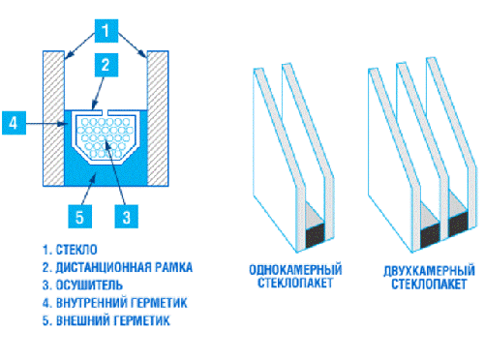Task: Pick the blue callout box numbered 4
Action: (x=13, y=123)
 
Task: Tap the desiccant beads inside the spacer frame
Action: (x=103, y=135)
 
